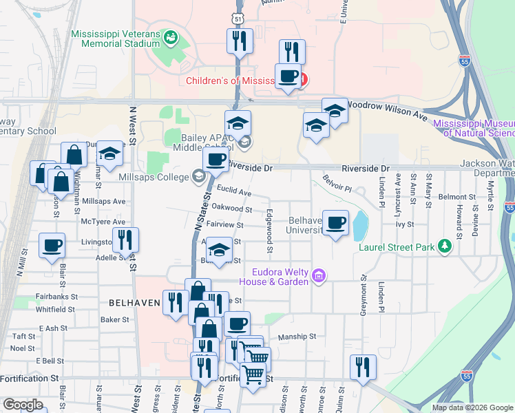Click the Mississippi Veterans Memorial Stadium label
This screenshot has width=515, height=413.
(x=115, y=39)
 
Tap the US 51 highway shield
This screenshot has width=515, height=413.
(x=236, y=19)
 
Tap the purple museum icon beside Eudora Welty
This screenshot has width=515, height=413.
(x=318, y=276)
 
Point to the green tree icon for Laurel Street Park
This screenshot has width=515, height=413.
(x=445, y=245)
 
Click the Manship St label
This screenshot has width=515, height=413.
(x=297, y=337)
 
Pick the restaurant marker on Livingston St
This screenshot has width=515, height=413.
(x=125, y=241)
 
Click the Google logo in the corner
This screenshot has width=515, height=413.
(x=23, y=405)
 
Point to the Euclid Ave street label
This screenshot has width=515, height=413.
(x=233, y=193)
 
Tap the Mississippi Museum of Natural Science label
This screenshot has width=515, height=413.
(x=474, y=128)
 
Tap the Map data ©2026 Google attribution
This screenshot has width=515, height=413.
(x=472, y=407)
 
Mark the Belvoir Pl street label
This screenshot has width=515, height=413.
(x=337, y=184)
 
